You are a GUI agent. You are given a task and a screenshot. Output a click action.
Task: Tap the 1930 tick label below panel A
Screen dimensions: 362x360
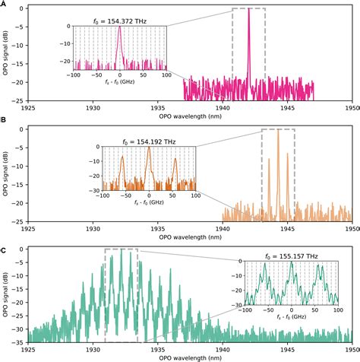(x=93, y=110)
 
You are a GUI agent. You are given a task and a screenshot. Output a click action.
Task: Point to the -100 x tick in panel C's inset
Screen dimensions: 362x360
(x=246, y=310)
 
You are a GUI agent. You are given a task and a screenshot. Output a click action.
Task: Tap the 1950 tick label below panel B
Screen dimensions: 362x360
(x=351, y=229)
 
